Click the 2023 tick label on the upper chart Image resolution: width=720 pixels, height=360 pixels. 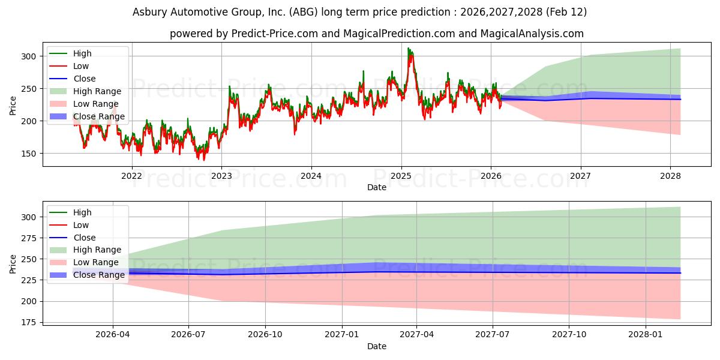[221, 176]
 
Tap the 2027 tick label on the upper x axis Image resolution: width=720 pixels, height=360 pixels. [580, 176]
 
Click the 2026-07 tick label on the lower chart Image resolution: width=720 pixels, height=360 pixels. [188, 335]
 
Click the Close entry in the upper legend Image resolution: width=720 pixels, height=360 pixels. [85, 79]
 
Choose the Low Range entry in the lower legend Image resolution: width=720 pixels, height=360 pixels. [96, 262]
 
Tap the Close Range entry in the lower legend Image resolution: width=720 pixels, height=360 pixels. [99, 275]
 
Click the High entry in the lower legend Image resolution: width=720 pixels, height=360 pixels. [82, 212]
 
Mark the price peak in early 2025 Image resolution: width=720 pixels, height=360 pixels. [409, 49]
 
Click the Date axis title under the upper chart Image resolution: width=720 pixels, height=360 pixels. [376, 187]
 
